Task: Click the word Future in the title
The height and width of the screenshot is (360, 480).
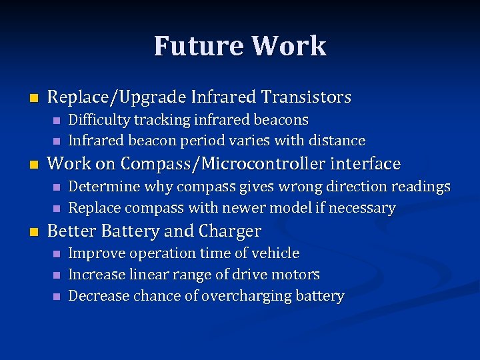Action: [198, 46]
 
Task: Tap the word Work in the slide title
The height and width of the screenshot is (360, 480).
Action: [289, 46]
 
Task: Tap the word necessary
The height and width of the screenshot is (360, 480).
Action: [363, 208]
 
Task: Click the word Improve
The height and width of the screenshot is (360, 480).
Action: [97, 253]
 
